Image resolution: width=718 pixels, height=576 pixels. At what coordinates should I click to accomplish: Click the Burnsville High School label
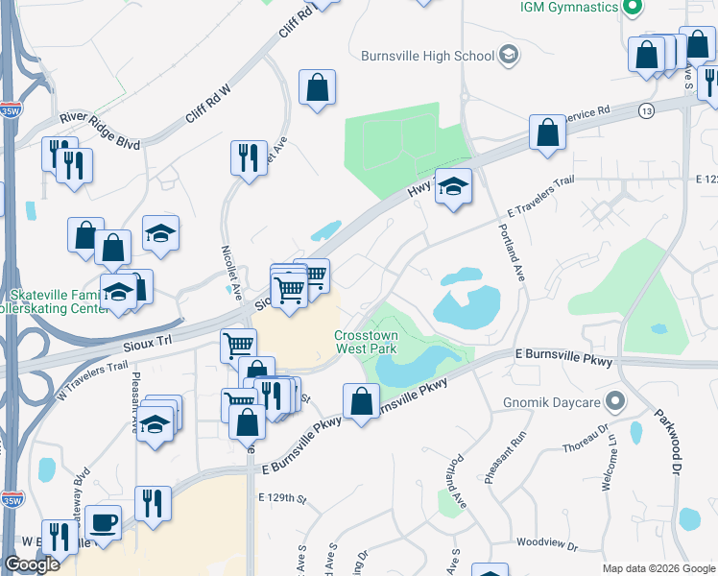(427, 56)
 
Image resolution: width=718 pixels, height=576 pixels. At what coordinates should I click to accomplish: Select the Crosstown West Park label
(366, 342)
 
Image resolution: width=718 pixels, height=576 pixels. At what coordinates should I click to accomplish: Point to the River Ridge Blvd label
(100, 131)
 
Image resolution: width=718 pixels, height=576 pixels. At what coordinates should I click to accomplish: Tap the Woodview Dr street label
(546, 546)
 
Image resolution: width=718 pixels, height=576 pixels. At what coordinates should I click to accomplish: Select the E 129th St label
(280, 498)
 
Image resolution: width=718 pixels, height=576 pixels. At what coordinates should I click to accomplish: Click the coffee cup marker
(103, 523)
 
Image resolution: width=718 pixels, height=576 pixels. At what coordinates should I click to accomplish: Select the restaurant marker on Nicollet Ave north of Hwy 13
(250, 157)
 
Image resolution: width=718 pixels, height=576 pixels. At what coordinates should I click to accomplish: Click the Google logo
(33, 564)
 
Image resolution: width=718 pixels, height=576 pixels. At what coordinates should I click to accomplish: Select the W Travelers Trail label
(92, 378)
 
